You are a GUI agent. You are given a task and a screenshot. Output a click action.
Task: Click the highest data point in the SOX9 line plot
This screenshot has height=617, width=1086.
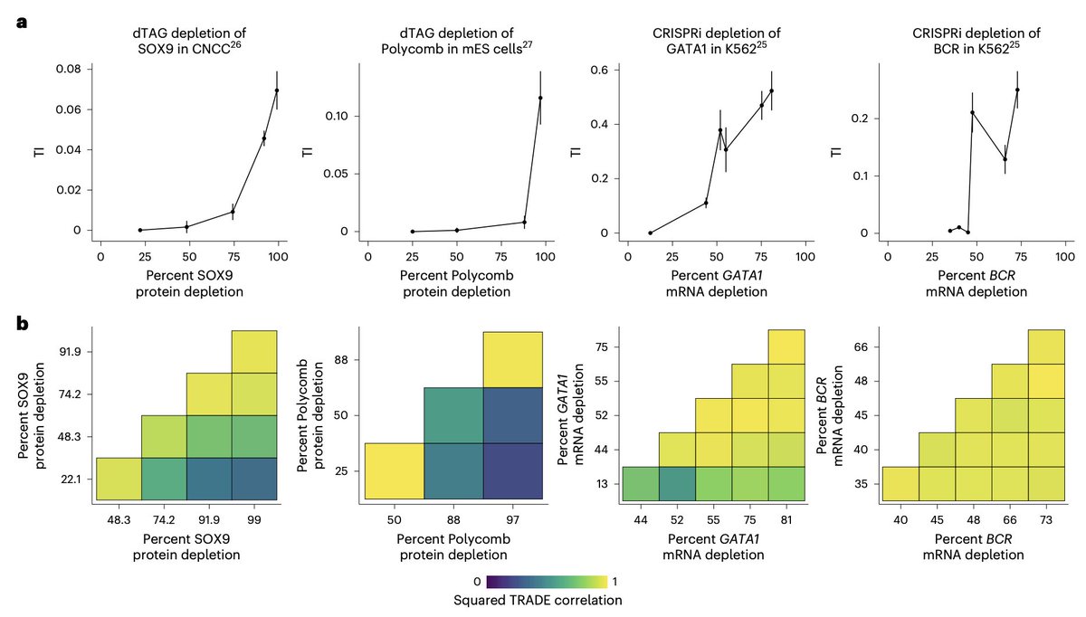click(x=277, y=90)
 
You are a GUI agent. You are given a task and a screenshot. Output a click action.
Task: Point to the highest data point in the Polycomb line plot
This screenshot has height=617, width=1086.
click(x=540, y=98)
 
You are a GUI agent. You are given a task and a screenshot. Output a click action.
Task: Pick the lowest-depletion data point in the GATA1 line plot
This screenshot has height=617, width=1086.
click(x=650, y=233)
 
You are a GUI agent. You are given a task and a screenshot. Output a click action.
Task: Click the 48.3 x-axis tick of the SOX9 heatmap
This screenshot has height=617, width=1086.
click(x=119, y=522)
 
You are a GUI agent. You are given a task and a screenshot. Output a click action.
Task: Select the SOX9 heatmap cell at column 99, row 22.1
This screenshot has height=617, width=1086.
click(x=254, y=479)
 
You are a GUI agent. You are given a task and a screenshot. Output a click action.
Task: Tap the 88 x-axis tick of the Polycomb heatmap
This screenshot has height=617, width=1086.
click(x=452, y=522)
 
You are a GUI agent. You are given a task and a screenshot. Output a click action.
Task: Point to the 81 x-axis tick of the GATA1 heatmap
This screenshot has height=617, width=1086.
click(x=786, y=522)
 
